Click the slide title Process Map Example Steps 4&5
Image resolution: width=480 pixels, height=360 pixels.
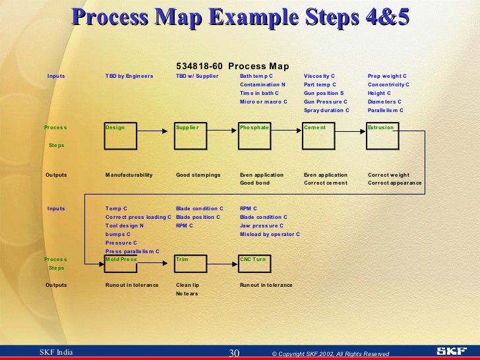240,18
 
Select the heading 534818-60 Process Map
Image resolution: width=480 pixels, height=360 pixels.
232,66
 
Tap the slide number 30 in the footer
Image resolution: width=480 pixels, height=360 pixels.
233,353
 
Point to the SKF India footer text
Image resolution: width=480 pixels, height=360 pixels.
56,353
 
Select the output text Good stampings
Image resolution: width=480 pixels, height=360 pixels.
198,175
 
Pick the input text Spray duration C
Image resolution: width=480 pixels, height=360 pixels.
326,110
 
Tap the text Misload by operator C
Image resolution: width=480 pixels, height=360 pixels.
270,234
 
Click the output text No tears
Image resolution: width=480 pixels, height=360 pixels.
187,293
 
